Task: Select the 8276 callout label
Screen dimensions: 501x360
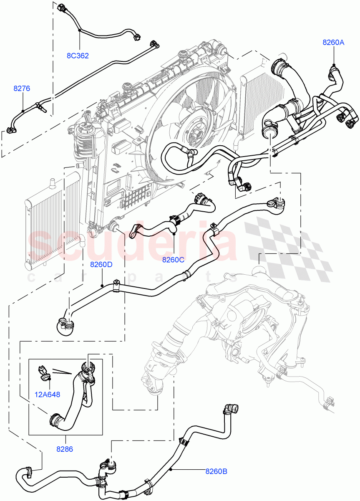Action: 22,89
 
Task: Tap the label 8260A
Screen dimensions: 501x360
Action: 333,42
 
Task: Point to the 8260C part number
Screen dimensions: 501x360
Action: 174,260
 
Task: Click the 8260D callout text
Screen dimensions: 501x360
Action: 101,264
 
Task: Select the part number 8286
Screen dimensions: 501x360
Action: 65,449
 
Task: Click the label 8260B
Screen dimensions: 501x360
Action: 216,472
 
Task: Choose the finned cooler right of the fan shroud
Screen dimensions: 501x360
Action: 252,100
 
